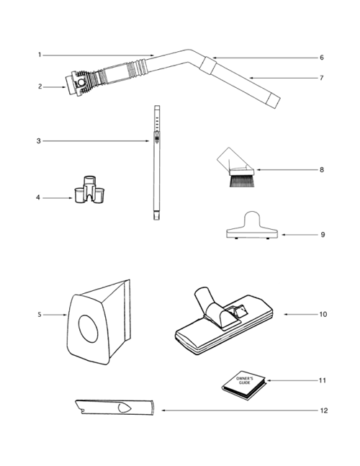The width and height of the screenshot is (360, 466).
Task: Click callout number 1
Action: (40, 55)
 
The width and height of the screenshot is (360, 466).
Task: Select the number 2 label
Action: (40, 86)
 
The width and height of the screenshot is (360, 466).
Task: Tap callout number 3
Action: (40, 140)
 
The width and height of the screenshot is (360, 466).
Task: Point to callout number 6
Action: (321, 58)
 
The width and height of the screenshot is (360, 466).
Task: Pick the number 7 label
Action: (321, 77)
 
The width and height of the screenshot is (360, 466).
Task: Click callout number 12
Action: (323, 411)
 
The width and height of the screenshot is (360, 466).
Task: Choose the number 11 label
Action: (323, 380)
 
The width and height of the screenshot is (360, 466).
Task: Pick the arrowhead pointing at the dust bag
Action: (64, 314)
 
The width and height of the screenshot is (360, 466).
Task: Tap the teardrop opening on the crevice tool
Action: (122, 406)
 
